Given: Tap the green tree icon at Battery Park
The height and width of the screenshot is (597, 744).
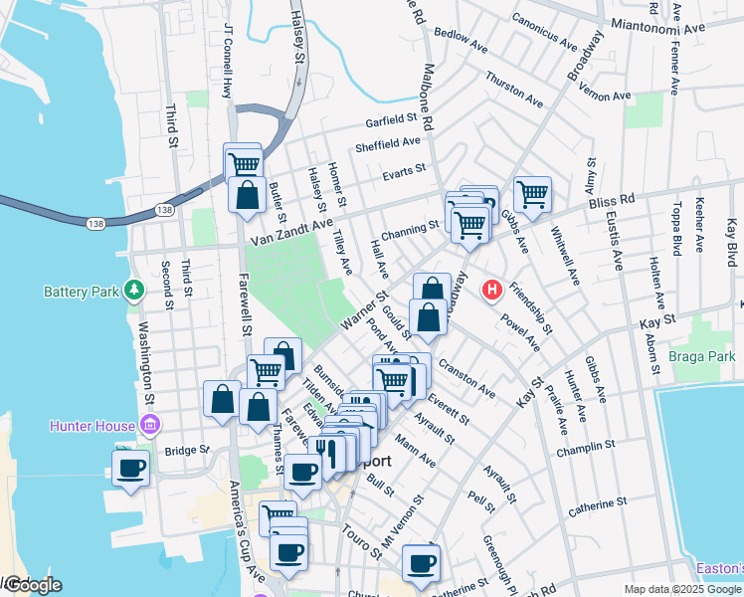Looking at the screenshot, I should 134,291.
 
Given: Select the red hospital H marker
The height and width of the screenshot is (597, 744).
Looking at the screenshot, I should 490,291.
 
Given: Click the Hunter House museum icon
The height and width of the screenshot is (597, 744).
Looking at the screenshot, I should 150,427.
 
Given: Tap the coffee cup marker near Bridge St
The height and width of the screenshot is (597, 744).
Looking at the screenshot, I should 131,468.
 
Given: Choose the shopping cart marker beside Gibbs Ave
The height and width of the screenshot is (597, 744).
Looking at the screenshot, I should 533,193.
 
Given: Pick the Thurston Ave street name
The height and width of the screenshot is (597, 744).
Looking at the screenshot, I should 514,89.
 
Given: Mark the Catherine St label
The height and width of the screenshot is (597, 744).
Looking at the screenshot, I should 597,508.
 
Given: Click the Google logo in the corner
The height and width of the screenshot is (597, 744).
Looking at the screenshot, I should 32,585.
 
